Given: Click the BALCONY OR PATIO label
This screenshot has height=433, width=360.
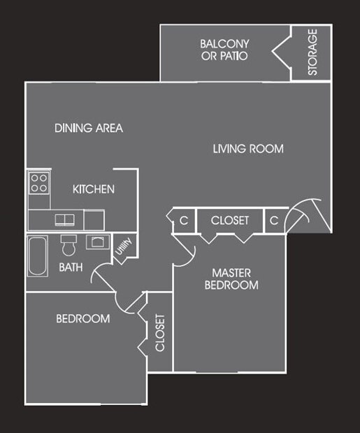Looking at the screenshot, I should (224, 50).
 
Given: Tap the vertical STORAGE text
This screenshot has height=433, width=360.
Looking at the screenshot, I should (312, 52).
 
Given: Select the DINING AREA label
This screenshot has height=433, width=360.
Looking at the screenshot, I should (89, 129).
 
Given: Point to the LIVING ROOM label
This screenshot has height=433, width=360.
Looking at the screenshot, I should (248, 149).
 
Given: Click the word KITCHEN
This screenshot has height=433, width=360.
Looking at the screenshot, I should (94, 189).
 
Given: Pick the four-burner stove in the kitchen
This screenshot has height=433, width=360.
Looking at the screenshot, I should (38, 183).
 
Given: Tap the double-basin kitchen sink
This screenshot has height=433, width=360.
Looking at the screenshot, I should (65, 219).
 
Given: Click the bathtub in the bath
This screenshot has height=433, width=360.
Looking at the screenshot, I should (38, 255).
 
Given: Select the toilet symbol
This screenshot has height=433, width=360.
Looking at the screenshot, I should (69, 246).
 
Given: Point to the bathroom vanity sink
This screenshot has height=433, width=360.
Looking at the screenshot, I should (95, 242).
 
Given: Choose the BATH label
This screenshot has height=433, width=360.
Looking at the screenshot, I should (71, 267).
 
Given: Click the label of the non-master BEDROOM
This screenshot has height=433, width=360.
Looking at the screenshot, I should (83, 318).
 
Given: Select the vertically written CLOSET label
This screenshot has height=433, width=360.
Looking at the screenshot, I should (160, 332).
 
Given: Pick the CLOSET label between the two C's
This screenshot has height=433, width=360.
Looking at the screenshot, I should (230, 220).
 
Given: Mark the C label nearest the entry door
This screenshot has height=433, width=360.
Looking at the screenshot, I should (275, 220).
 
